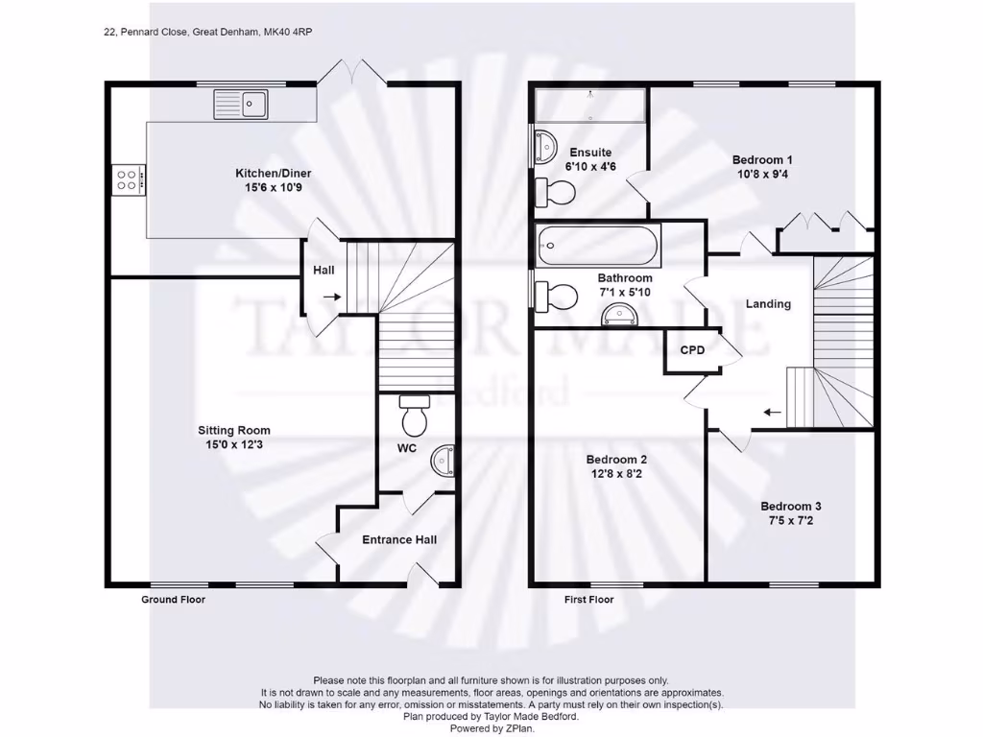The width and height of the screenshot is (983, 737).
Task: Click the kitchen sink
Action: pyautogui.click(x=242, y=103)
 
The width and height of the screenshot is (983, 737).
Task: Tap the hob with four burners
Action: pyautogui.click(x=129, y=179)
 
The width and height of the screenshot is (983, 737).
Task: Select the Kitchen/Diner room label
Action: pyautogui.click(x=274, y=174)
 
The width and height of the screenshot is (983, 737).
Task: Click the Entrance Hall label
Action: pyautogui.click(x=399, y=540)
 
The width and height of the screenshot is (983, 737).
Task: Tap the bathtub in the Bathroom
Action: pyautogui.click(x=598, y=247)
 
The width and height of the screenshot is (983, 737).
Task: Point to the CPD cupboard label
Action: pyautogui.click(x=692, y=350)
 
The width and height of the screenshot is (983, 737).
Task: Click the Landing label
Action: pyautogui.click(x=768, y=304)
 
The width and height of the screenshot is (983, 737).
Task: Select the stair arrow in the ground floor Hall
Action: pyautogui.click(x=330, y=297)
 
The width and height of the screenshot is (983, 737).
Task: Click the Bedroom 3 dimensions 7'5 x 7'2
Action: pyautogui.click(x=791, y=522)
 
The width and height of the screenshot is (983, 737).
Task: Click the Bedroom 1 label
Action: pyautogui.click(x=761, y=160)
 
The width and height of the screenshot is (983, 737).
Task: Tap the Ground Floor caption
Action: pyautogui.click(x=174, y=600)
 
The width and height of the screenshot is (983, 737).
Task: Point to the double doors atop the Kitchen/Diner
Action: pyautogui.click(x=352, y=72)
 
